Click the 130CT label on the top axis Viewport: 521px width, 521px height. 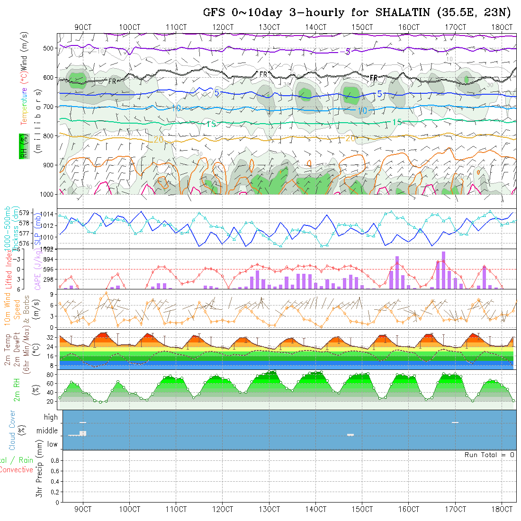click(x=269, y=27)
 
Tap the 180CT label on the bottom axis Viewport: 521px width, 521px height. click(x=502, y=509)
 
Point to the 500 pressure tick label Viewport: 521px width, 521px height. click(x=47, y=48)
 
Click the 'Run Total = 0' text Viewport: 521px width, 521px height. click(x=489, y=455)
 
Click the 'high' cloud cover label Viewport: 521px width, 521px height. click(x=51, y=417)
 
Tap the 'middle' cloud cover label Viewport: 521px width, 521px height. click(x=47, y=431)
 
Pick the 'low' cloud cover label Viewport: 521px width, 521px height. click(x=52, y=444)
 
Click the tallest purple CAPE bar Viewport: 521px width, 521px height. click(x=444, y=270)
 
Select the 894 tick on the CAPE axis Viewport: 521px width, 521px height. click(x=48, y=259)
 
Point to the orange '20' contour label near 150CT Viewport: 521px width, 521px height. click(x=350, y=138)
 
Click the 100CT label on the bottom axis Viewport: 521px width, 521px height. click(x=130, y=509)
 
